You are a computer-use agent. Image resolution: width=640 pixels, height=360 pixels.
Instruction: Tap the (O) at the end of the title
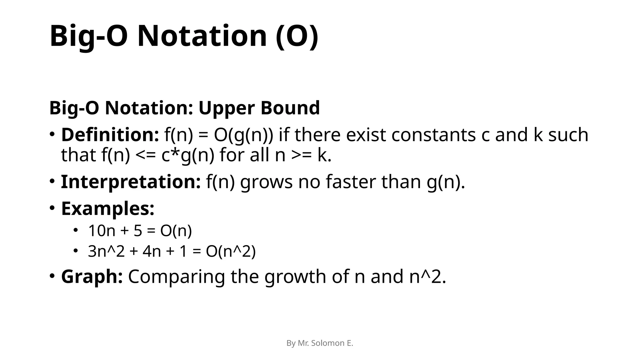point(297,37)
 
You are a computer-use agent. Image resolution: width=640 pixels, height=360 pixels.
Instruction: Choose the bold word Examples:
point(108,208)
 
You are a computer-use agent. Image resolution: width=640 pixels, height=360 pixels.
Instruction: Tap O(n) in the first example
point(176,231)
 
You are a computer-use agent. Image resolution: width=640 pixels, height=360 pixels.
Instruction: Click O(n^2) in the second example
point(231,252)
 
